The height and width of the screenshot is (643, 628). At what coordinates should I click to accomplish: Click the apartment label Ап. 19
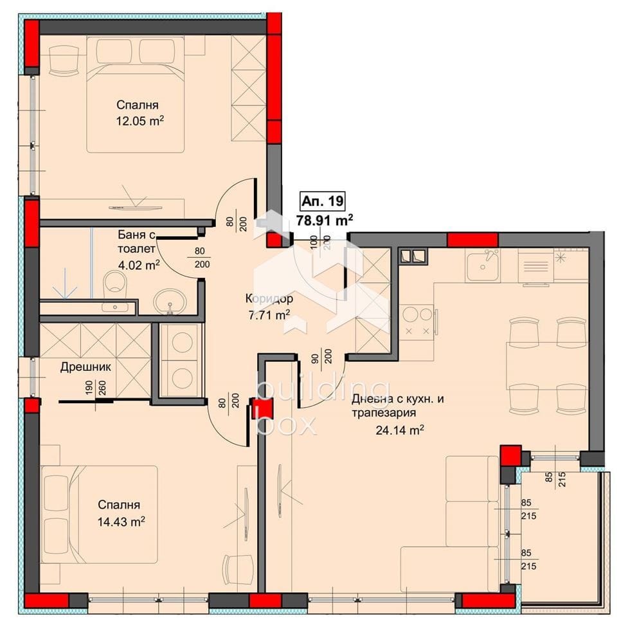[323, 201]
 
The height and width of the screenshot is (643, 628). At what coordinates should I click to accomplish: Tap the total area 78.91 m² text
[325, 220]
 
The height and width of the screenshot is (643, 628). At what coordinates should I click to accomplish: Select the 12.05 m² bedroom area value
[140, 121]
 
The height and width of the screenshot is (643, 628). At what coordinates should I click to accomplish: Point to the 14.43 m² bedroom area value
[121, 521]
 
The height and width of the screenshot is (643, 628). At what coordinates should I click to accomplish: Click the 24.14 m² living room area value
[400, 430]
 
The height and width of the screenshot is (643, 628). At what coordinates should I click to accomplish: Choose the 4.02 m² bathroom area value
[139, 265]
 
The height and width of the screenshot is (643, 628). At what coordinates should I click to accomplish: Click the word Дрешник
[85, 367]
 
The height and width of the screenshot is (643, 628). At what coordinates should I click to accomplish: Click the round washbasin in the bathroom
[170, 300]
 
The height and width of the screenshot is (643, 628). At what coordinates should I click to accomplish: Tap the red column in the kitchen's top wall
[472, 240]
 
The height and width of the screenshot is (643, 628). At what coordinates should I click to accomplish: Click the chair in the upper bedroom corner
[64, 60]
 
